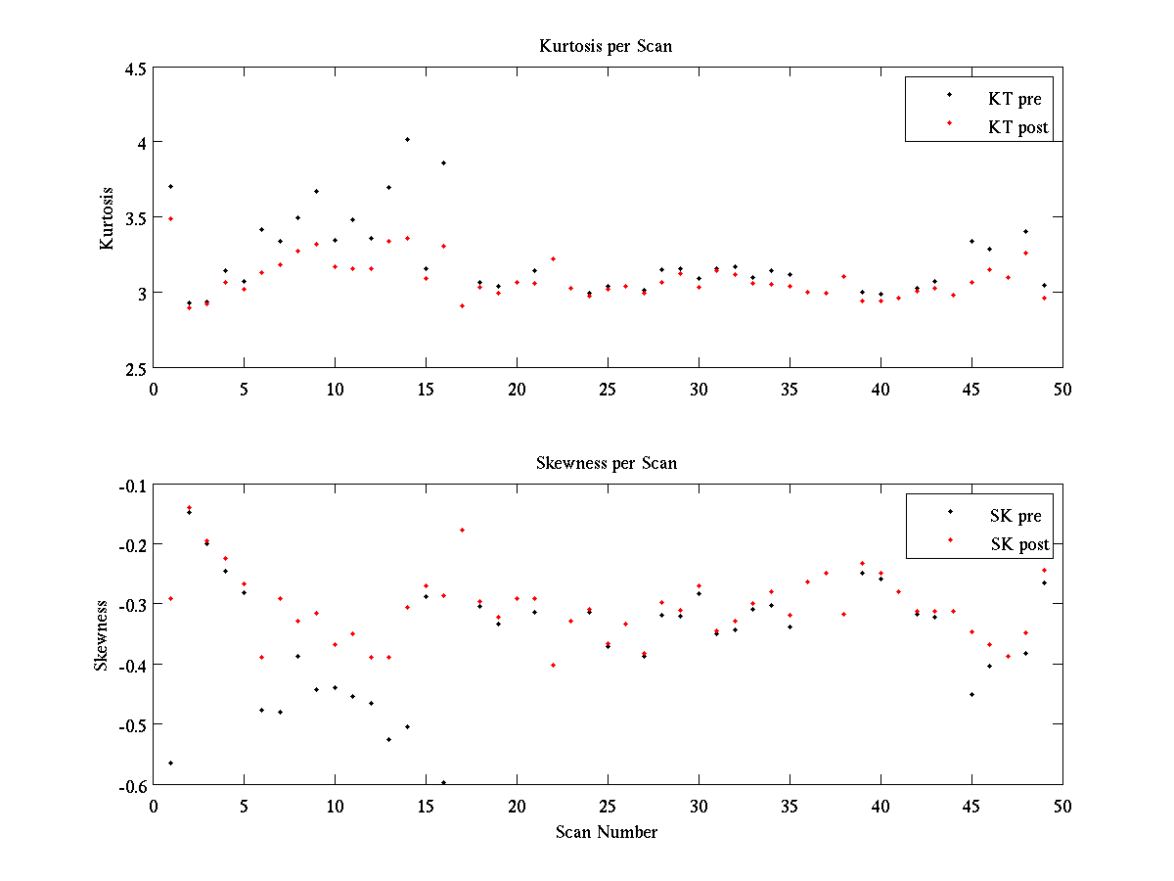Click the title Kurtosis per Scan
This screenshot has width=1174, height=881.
[x=606, y=46]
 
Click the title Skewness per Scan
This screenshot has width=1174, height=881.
[x=607, y=463]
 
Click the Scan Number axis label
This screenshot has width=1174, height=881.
[x=607, y=832]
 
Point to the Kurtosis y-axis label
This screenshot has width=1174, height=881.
[x=107, y=218]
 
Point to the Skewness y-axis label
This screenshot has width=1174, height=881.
[x=102, y=635]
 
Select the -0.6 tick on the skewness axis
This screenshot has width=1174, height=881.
[x=130, y=785]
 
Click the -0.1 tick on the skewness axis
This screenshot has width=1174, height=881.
[x=130, y=486]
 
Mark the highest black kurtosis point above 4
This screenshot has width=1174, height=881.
[x=407, y=139]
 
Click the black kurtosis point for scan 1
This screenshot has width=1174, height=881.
[x=170, y=186]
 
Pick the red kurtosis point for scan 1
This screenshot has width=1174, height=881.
[x=170, y=218]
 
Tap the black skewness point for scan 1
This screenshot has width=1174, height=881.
[x=170, y=763]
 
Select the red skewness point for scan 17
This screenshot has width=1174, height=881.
[x=462, y=530]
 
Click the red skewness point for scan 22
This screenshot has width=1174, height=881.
[x=553, y=665]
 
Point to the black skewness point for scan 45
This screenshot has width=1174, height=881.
[x=971, y=694]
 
